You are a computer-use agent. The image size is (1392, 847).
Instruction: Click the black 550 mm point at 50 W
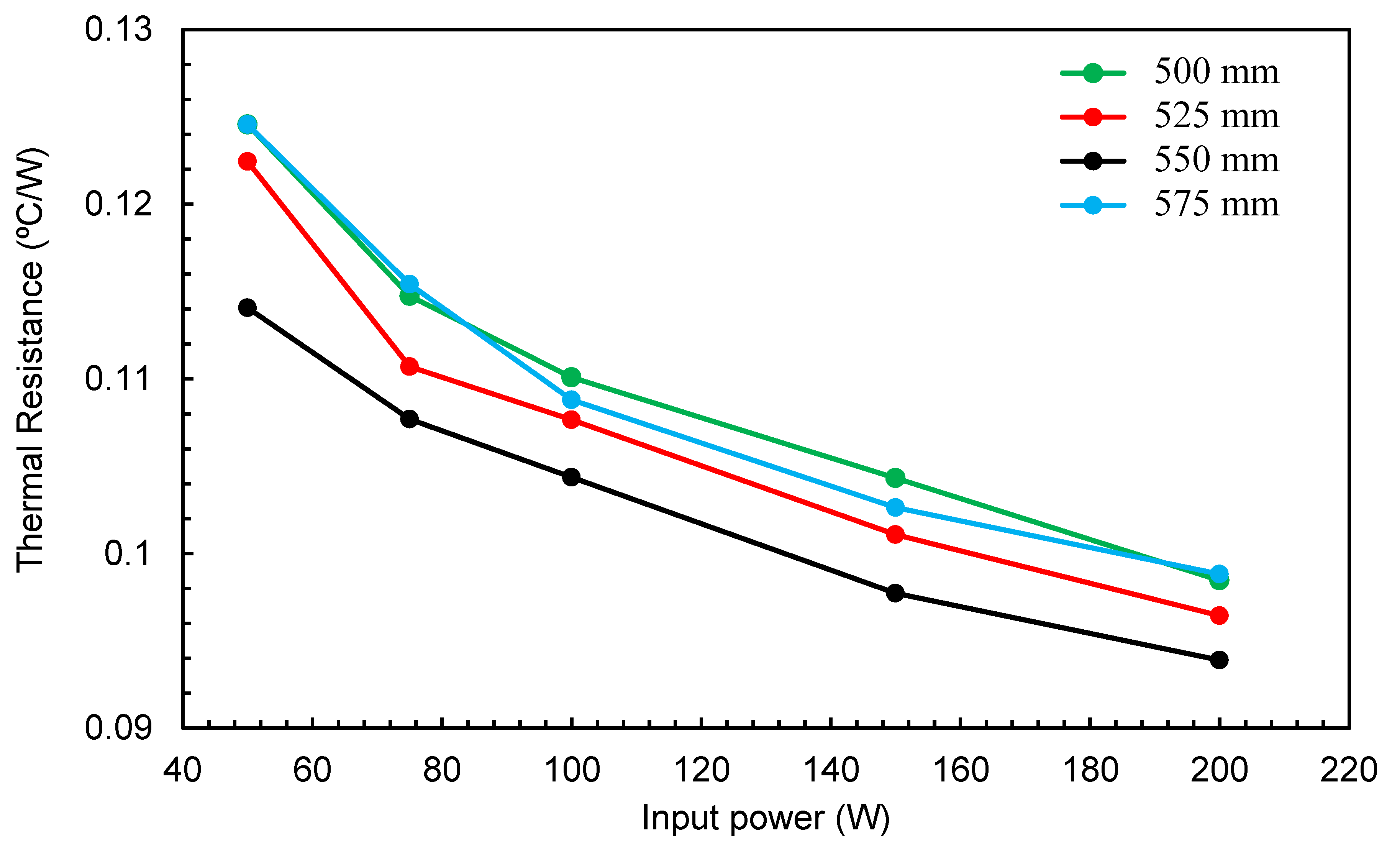click(x=247, y=307)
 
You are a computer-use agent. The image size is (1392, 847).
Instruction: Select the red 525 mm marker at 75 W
click(x=409, y=366)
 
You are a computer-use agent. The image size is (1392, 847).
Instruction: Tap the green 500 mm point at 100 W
click(x=571, y=376)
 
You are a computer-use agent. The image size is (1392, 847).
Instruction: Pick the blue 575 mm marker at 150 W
click(x=895, y=507)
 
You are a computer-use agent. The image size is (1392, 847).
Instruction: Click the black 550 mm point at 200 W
click(x=1219, y=660)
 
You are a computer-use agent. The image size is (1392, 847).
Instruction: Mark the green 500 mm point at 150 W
click(x=895, y=478)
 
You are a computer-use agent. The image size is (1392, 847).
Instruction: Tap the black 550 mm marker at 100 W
click(x=571, y=476)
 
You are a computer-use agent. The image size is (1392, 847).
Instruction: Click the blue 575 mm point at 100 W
click(x=571, y=399)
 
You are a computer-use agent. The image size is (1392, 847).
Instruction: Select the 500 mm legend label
click(x=1216, y=72)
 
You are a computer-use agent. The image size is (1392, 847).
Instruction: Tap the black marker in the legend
click(x=1093, y=161)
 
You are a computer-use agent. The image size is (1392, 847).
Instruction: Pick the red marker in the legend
click(x=1093, y=117)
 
